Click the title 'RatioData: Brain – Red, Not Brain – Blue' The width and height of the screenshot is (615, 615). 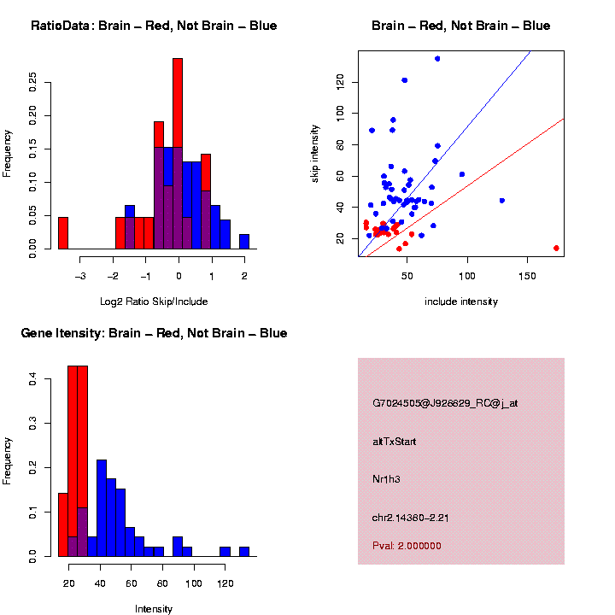click(x=154, y=26)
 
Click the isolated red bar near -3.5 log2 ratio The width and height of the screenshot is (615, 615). click(x=63, y=232)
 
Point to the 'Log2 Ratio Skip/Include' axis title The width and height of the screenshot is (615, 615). click(x=154, y=302)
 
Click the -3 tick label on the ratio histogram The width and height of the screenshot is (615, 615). click(x=80, y=276)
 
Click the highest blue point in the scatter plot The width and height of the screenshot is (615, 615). click(x=437, y=58)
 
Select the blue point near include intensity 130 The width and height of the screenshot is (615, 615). click(x=501, y=201)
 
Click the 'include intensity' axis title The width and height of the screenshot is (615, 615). click(x=461, y=302)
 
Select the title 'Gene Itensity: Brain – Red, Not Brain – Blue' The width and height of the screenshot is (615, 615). click(x=154, y=333)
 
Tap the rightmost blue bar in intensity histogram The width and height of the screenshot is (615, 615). click(x=244, y=551)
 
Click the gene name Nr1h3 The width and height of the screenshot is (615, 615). click(x=386, y=479)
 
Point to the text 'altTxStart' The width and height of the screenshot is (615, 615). click(x=394, y=442)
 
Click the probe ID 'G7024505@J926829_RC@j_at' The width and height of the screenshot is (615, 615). click(x=444, y=403)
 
